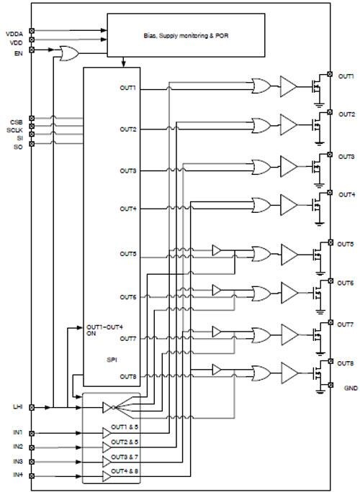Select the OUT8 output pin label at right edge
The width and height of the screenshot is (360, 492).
(x=346, y=364)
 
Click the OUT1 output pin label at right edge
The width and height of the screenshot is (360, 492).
(x=346, y=76)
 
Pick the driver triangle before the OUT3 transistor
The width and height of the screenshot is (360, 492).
(x=288, y=166)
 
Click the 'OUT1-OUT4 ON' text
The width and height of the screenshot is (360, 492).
(x=99, y=332)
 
